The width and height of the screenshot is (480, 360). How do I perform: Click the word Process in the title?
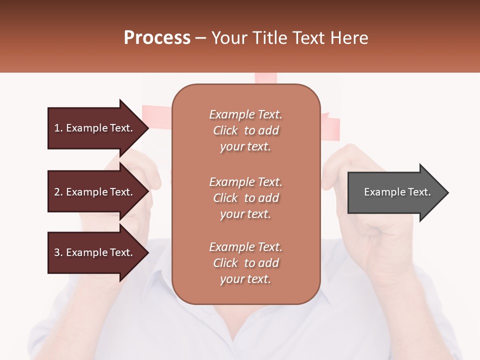coord(157,38)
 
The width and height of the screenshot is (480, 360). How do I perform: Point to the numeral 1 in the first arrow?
coord(57,128)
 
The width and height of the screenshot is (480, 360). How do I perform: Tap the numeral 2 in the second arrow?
coord(57,192)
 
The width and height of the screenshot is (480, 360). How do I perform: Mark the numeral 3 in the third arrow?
coord(57,252)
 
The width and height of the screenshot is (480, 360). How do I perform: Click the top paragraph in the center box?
coord(245,130)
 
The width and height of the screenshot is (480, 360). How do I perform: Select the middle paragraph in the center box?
coord(245,198)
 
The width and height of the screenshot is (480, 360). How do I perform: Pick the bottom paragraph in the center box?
coord(245,263)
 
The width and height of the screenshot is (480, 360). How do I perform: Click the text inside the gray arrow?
coord(397,192)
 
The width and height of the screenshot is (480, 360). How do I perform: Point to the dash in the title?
coord(201,38)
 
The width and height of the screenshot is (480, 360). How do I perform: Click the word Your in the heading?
coord(228,38)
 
